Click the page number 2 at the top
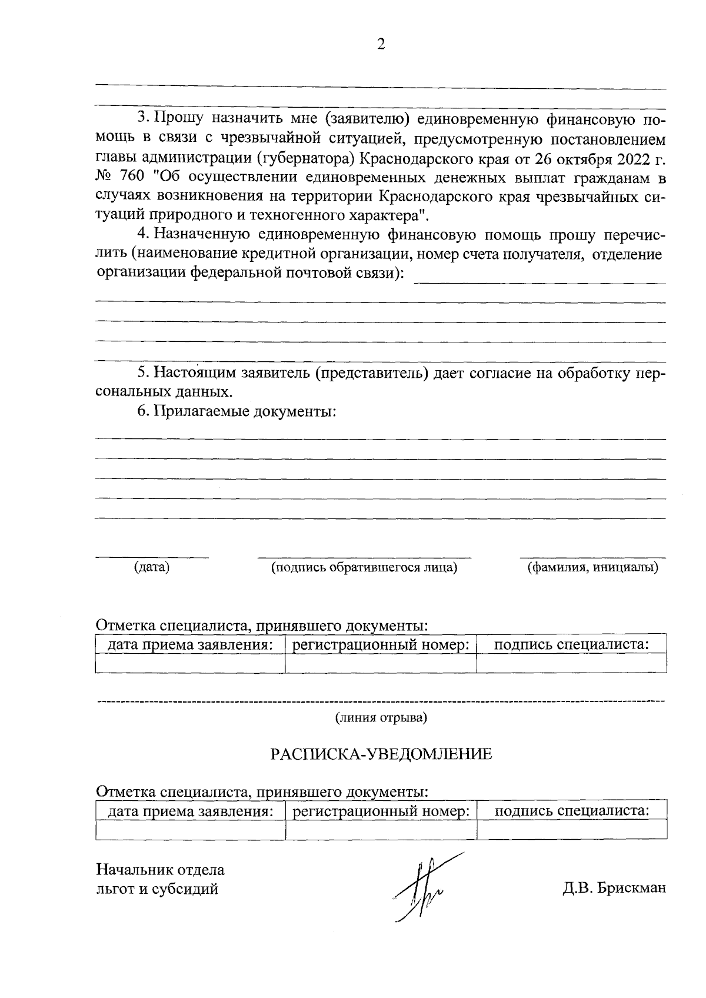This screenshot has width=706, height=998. coord(381,45)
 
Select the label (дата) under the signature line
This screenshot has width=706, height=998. coord(152,567)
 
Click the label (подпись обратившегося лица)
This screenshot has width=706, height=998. coord(364,567)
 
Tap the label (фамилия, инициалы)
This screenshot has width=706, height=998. coord(592,567)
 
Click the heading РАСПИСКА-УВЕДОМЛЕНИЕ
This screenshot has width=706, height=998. coord(381,754)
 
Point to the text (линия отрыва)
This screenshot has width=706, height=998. coord(381,718)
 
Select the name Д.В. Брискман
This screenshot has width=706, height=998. coord(614,888)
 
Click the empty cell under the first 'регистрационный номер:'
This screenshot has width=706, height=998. coord(381,663)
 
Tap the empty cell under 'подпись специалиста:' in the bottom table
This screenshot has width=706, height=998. coord(571,829)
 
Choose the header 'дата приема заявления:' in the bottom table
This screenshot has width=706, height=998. coord(190,811)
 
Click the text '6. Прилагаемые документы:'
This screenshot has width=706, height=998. coord(237,411)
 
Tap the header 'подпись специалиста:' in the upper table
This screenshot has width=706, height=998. coord(571,644)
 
